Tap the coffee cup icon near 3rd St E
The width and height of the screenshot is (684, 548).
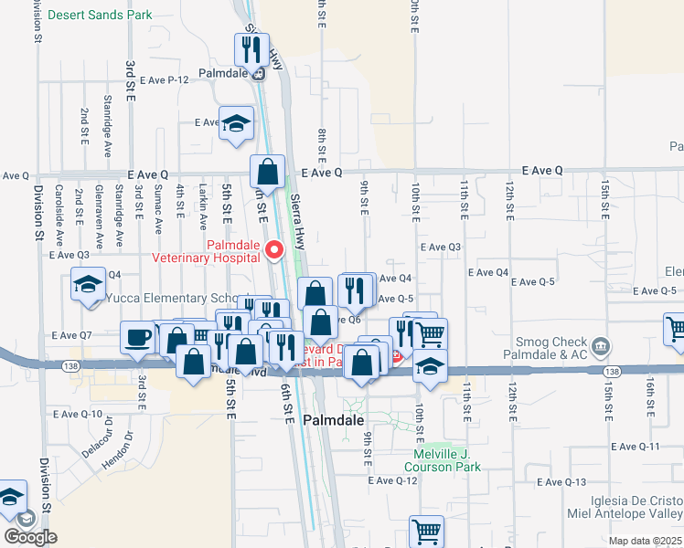coord(138,337)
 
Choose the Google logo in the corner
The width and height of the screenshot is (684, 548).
coord(30,537)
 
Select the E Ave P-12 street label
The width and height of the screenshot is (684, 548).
coord(166,80)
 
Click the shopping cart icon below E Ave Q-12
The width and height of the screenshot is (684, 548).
coord(426,531)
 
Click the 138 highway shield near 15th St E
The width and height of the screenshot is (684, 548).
coord(613,372)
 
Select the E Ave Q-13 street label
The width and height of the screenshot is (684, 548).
coord(562,482)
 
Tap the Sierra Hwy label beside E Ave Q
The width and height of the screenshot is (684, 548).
coord(297,221)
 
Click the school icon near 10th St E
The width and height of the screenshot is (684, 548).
coord(430,365)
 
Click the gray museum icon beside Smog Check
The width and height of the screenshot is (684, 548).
coord(601,346)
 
